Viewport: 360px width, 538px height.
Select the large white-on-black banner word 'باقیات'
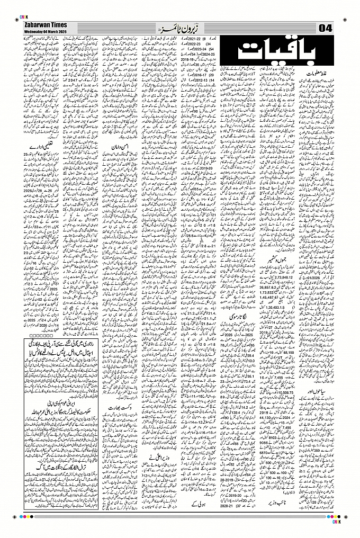coord(273,52)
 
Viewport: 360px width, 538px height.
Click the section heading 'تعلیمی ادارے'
coord(42,149)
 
